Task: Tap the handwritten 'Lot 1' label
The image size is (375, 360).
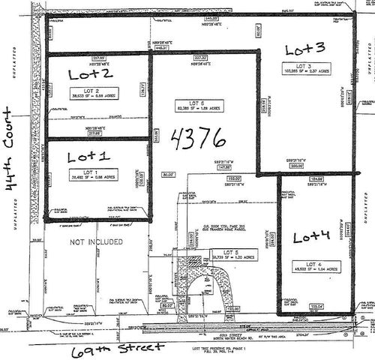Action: pyautogui.click(x=88, y=157)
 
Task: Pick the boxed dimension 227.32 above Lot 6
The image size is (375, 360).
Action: pyautogui.click(x=200, y=57)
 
